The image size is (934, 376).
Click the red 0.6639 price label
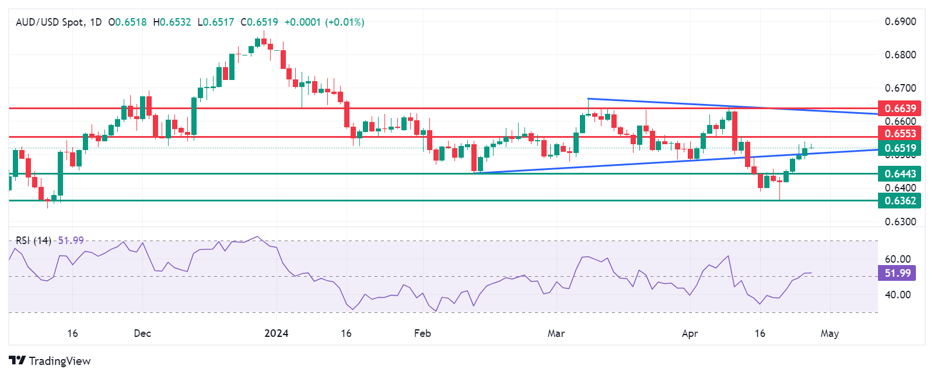click(900, 109)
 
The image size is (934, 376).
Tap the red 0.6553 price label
click(900, 134)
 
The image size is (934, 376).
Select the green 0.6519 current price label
click(900, 148)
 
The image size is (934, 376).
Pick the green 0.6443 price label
click(900, 174)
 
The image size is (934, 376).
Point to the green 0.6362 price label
click(900, 201)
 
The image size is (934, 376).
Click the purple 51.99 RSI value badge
click(897, 273)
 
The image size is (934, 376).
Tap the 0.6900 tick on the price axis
click(900, 22)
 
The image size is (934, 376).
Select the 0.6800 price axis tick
click(900, 55)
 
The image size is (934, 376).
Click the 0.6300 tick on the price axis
click(900, 222)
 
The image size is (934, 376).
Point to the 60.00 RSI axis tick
click(897, 259)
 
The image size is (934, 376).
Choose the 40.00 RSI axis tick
click(897, 295)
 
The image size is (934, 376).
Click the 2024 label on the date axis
click(276, 333)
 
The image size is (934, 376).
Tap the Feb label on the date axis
click(422, 333)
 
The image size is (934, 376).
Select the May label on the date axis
click(829, 333)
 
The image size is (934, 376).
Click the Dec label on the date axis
click(142, 333)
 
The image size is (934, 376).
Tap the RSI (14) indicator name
click(33, 241)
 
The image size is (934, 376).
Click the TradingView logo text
click(60, 361)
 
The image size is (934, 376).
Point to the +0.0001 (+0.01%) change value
click(324, 22)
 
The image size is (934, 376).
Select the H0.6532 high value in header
click(172, 22)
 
